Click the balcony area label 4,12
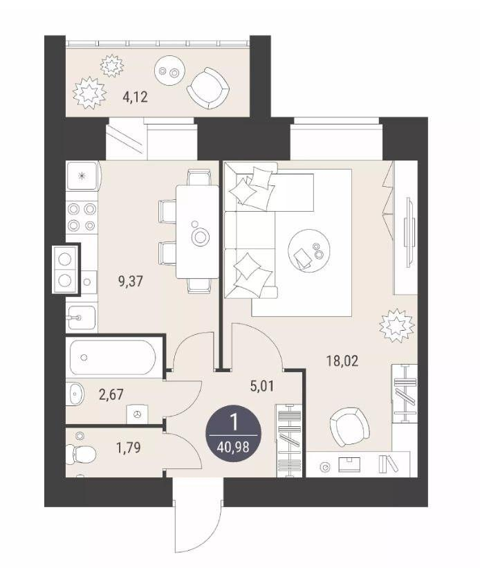[135, 98]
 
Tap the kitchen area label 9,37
[131, 281]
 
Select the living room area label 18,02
[342, 361]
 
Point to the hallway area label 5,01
[262, 386]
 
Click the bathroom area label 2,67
[111, 394]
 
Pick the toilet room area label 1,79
[128, 448]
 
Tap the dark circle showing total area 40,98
[234, 434]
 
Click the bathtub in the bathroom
[113, 358]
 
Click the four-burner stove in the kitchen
[82, 217]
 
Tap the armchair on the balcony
[208, 89]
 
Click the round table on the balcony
[169, 71]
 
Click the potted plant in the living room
[397, 326]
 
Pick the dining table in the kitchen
[197, 232]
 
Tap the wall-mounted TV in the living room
[409, 232]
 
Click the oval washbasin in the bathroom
[75, 394]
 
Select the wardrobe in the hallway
[289, 441]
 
